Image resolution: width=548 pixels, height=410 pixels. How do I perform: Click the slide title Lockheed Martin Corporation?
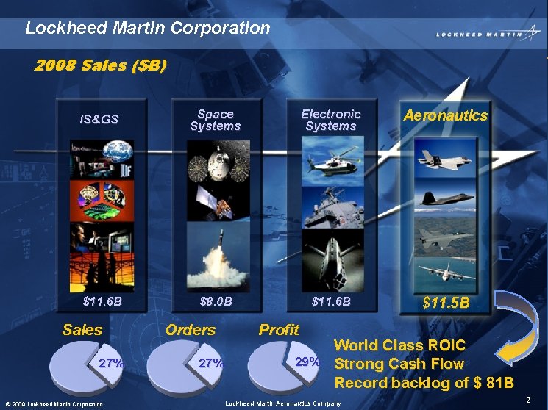148,29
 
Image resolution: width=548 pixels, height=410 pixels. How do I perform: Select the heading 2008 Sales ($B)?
102,65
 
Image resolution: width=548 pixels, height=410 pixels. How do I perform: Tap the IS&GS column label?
99,119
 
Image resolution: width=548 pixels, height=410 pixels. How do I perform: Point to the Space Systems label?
215,120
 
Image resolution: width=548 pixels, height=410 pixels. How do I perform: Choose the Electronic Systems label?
331,120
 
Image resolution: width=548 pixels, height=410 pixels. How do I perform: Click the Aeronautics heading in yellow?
445,115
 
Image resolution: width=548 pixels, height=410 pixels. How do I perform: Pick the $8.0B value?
216,301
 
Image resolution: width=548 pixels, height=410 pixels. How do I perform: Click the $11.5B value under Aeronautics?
445,302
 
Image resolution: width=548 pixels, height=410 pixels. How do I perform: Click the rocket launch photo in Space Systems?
216,257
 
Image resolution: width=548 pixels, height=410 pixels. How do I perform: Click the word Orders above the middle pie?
190,330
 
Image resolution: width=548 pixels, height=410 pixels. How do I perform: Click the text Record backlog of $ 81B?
424,383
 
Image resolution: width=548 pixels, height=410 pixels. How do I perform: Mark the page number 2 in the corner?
529,400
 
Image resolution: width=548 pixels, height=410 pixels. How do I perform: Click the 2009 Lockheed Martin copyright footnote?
53,404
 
